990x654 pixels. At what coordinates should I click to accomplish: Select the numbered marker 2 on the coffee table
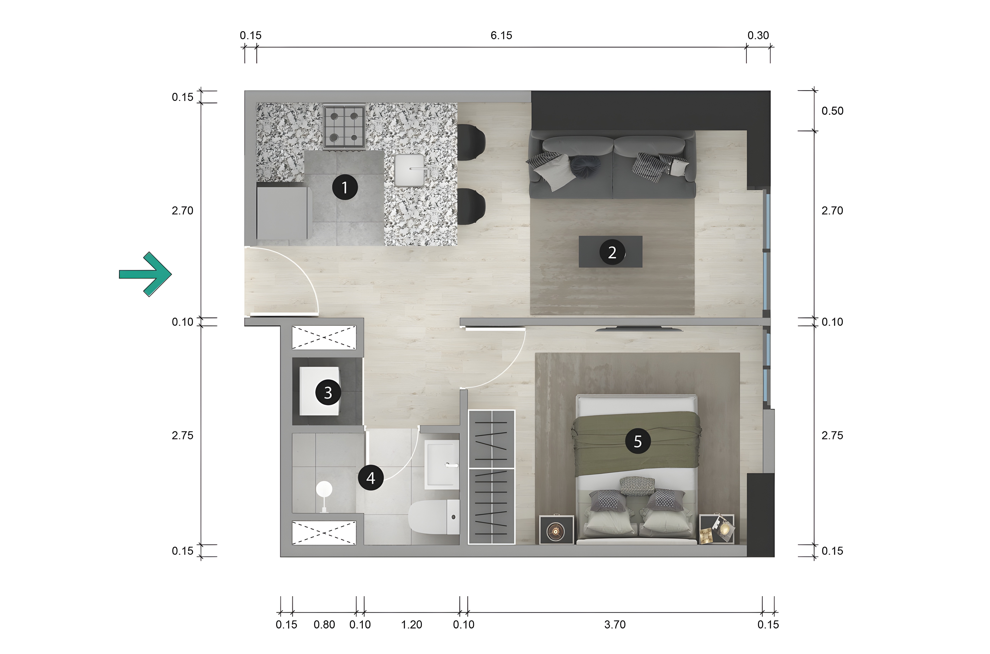coord(612,252)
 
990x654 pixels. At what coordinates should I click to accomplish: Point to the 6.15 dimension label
coord(501,35)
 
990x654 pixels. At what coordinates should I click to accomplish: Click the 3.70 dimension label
coord(615,624)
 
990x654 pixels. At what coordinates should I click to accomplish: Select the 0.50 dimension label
coord(832,111)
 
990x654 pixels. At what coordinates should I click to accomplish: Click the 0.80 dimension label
coord(324,624)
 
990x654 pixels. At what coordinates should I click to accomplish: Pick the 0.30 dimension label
coord(758,35)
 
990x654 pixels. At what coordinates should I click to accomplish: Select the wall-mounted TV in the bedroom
coord(639,329)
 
